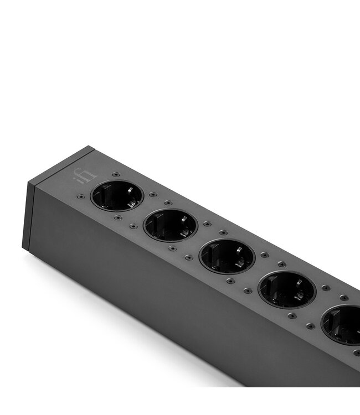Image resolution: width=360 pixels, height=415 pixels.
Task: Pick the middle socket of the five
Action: [x=227, y=256]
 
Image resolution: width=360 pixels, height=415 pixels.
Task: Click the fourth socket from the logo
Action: [x=287, y=289]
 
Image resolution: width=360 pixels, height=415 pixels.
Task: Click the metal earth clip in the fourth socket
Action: [x=302, y=299]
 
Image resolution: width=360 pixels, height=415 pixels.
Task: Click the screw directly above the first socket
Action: [x=116, y=174]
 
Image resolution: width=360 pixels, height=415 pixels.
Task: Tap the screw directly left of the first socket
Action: [x=81, y=196]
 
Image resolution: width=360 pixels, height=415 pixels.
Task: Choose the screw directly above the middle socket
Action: [x=223, y=233]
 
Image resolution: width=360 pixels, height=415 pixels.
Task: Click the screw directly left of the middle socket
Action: [x=189, y=257]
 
